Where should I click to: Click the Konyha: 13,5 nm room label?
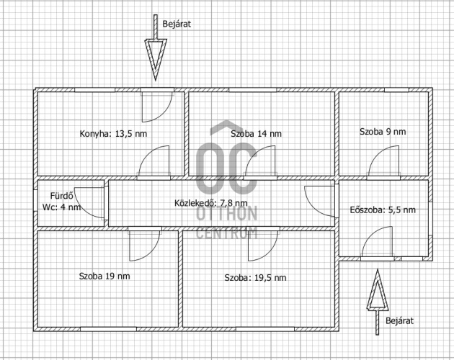tap(113, 134)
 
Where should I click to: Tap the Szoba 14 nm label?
tap(256, 134)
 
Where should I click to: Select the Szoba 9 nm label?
tap(383, 132)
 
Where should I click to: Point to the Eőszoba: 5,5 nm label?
tap(383, 210)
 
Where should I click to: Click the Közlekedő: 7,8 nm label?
tap(210, 203)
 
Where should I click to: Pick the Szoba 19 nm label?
tap(104, 276)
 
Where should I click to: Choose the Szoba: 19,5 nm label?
tap(255, 278)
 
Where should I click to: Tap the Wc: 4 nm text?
tap(61, 207)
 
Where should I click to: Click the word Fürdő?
tap(62, 196)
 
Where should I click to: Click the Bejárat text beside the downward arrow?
tap(177, 24)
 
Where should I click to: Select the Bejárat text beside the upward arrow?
tap(399, 320)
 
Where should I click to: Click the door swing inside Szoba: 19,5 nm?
tap(271, 251)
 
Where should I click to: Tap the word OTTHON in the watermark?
tap(227, 214)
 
